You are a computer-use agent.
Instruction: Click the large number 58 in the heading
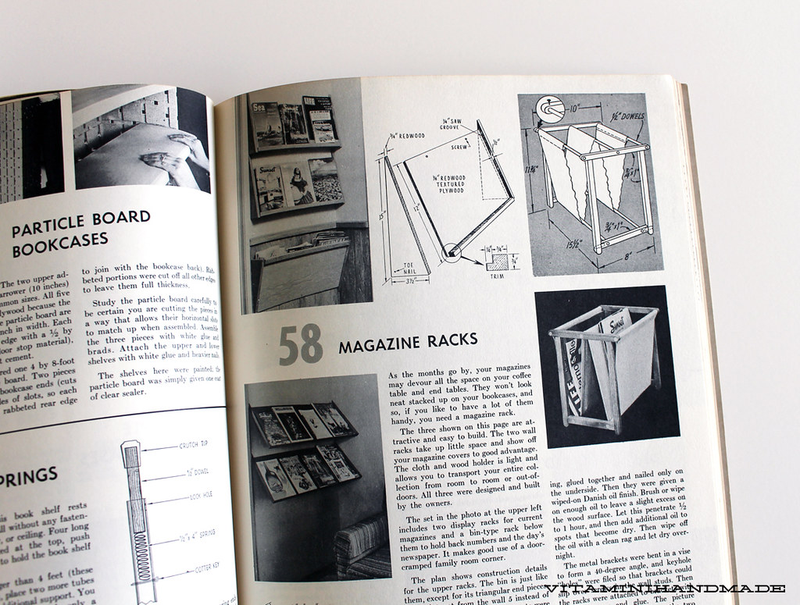[301, 346]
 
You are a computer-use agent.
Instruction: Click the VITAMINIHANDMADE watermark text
[664, 588]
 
